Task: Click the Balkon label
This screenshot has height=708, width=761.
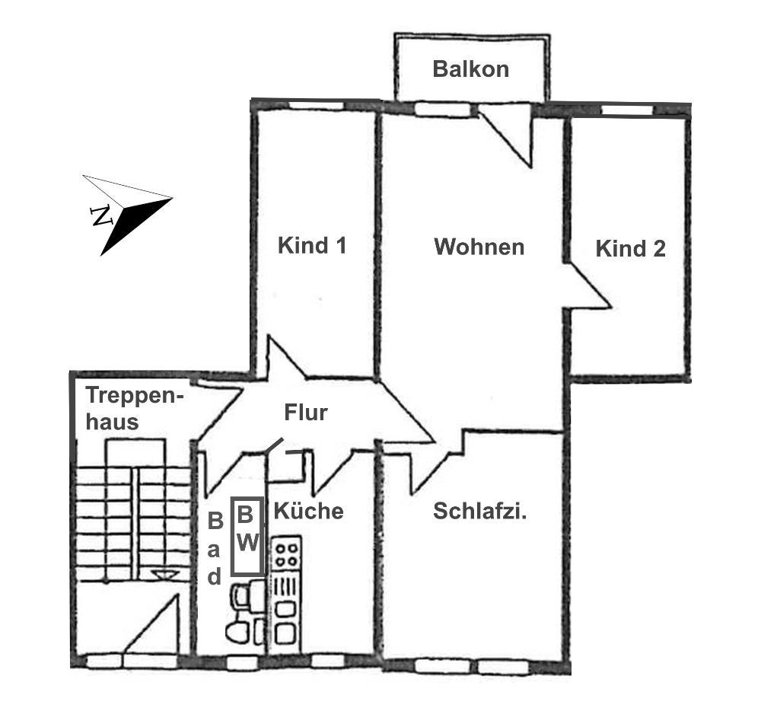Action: pos(470,69)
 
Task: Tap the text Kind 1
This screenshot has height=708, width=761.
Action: pos(312,245)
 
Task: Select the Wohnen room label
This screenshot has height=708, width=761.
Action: pos(479,247)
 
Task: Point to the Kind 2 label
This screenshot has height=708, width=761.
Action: pos(630,248)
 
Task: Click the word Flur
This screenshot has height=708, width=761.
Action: pos(306,413)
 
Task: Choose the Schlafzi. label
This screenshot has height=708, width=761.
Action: pos(479,511)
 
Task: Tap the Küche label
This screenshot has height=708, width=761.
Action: pos(309,511)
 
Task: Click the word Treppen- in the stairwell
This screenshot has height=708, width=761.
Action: pos(135,396)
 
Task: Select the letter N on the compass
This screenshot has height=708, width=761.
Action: pos(102,215)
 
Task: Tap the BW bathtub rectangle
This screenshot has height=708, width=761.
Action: pos(247,536)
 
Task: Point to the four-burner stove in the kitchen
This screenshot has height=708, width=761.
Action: pos(286,553)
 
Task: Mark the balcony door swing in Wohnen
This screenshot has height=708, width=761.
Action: pos(506,136)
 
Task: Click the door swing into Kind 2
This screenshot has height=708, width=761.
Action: pos(588,285)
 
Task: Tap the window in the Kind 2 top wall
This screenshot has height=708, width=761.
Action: pos(627,110)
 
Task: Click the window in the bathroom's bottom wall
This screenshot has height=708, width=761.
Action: pos(242,662)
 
